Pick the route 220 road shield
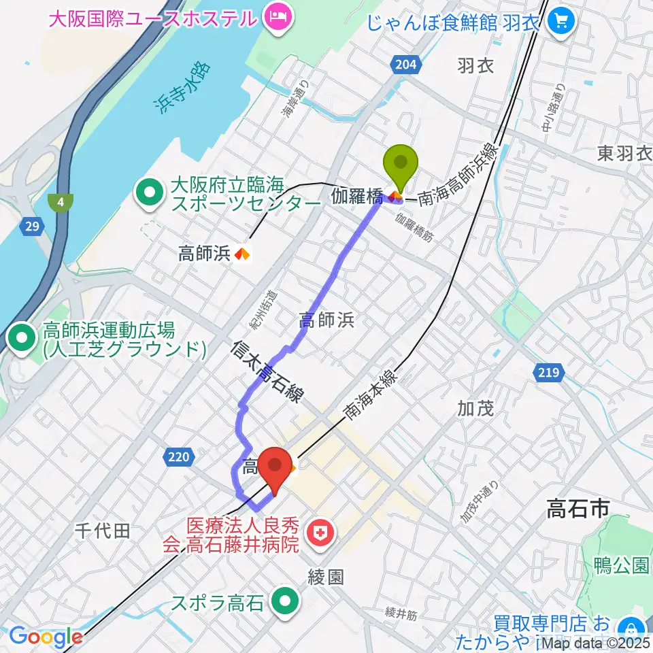(x=178, y=457)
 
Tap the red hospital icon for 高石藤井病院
(x=318, y=534)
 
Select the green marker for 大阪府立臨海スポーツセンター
(x=148, y=193)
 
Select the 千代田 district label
(x=102, y=531)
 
